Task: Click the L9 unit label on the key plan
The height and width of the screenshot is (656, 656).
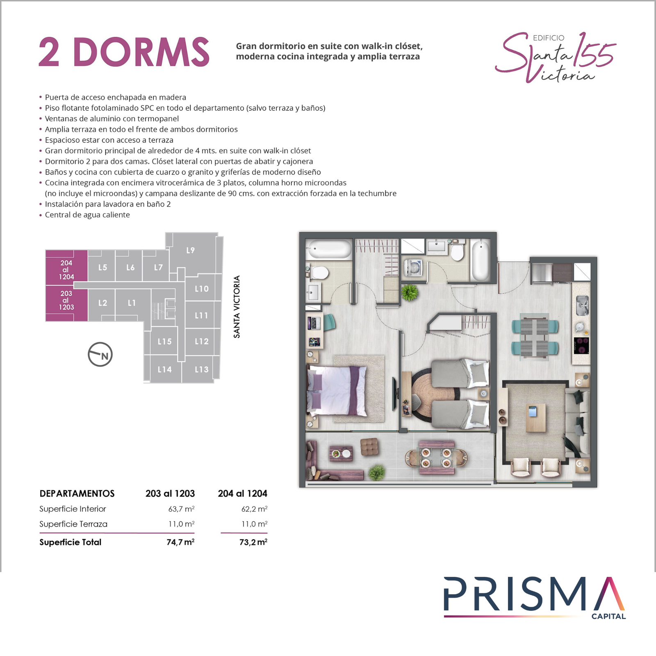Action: coord(191,250)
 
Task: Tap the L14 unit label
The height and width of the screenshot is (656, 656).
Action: coord(165,369)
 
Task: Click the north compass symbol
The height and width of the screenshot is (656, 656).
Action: coord(100,354)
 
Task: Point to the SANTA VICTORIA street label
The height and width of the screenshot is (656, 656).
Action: coord(237,307)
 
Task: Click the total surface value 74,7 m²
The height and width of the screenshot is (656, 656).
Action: coord(180,542)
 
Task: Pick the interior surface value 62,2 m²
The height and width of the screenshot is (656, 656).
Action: coord(254,509)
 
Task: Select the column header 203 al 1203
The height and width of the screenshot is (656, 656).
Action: coord(170,493)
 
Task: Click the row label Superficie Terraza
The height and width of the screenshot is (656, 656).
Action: coord(73,524)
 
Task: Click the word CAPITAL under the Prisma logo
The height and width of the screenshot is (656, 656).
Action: coord(608,616)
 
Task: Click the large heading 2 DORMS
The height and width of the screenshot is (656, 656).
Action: coord(124,52)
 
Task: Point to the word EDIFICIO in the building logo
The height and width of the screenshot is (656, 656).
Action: coord(549,38)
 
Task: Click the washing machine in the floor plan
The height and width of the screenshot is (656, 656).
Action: coord(414,269)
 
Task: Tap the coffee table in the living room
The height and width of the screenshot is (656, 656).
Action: coord(536,417)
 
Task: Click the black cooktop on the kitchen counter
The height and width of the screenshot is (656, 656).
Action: coord(581,345)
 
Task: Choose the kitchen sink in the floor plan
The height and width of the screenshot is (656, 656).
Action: coord(582,305)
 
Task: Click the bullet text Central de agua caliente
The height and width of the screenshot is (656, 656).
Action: coord(87,215)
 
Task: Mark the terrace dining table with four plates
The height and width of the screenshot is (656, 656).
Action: coord(436,458)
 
